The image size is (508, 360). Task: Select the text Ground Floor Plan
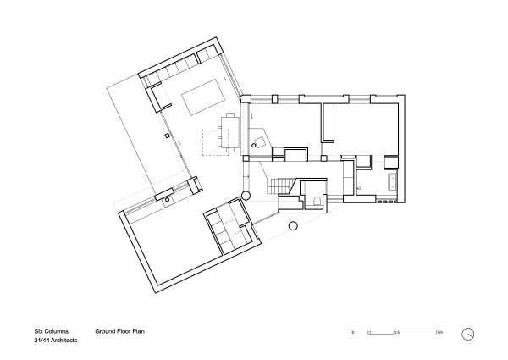pyautogui.click(x=121, y=332)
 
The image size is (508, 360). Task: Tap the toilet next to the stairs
pyautogui.click(x=315, y=200)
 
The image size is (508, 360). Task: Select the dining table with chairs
pyautogui.click(x=228, y=131)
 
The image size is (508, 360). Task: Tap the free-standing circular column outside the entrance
pyautogui.click(x=294, y=226)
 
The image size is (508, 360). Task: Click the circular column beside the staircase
pyautogui.click(x=246, y=195)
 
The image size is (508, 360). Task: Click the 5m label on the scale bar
pyautogui.click(x=439, y=333)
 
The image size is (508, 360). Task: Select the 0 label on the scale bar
pyautogui.click(x=352, y=333)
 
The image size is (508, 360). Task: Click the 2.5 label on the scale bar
pyautogui.click(x=396, y=333)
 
